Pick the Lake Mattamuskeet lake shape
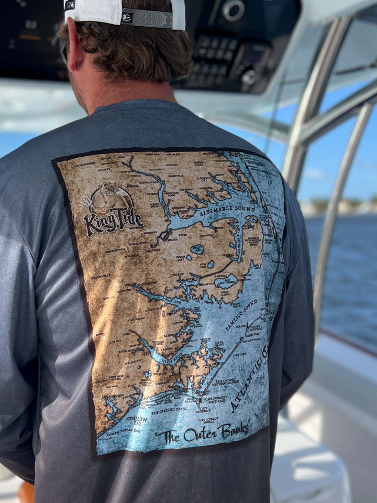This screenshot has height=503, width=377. (x=226, y=281)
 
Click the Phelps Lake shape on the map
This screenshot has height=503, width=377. (x=197, y=249)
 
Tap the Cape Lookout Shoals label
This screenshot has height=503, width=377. (x=208, y=420)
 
